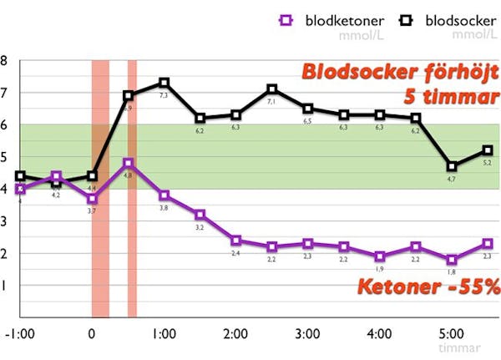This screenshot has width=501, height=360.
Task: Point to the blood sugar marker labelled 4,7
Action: [x=452, y=166]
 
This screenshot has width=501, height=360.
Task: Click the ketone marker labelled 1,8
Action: [x=452, y=260]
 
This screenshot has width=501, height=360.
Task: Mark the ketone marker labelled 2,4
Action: [x=236, y=241]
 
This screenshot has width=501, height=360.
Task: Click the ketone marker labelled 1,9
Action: [x=380, y=256]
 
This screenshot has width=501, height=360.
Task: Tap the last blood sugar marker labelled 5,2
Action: [x=488, y=150]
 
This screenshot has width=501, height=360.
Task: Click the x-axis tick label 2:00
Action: [x=236, y=334]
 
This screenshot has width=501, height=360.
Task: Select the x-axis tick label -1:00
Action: [x=20, y=334]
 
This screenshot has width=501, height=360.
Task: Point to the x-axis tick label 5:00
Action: [x=452, y=334]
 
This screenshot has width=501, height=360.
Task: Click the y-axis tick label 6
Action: [x=4, y=125]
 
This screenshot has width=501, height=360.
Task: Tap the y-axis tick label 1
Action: [x=4, y=286]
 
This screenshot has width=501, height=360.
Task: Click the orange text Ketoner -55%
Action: [x=428, y=287]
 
